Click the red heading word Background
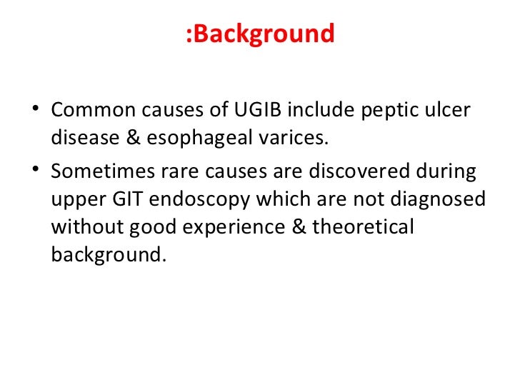[264, 34]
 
